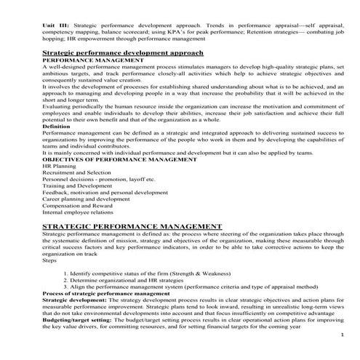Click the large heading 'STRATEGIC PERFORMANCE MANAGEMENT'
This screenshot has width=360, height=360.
point(132,226)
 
